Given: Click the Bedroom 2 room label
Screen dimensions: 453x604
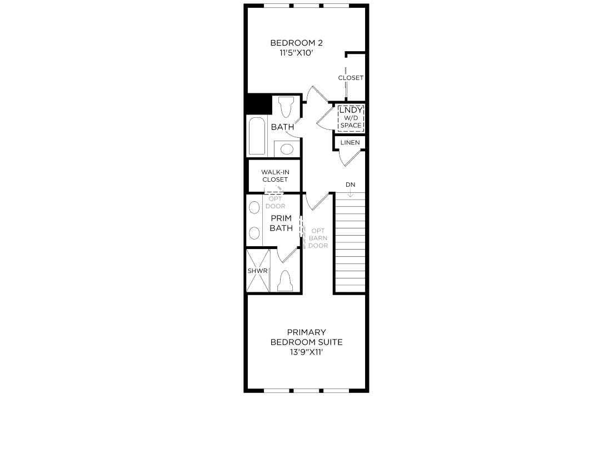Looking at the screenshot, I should click(x=296, y=43).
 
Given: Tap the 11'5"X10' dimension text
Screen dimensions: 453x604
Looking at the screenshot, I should click(x=296, y=53).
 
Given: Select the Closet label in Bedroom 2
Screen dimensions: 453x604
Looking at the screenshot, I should click(x=351, y=78).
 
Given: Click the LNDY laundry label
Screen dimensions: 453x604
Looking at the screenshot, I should click(x=351, y=110).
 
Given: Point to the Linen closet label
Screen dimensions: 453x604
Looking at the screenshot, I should click(x=350, y=143).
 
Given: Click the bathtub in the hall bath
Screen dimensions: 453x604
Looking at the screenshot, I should click(x=257, y=136).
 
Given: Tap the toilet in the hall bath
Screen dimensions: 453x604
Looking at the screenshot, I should click(x=286, y=107).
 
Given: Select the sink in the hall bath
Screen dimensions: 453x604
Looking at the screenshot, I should click(x=287, y=148).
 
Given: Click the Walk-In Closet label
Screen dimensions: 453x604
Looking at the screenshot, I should click(x=275, y=176).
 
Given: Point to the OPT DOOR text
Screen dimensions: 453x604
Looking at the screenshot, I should click(x=275, y=202).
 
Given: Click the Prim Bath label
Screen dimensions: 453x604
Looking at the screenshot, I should click(x=281, y=223).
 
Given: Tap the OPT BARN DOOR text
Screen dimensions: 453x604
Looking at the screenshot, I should click(x=318, y=238).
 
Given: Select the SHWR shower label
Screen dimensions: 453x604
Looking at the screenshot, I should click(x=258, y=271).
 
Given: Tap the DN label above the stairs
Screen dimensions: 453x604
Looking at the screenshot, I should click(x=350, y=185).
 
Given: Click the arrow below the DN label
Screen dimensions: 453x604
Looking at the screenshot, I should click(x=350, y=193).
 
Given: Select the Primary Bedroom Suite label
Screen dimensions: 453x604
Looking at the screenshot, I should click(x=306, y=337).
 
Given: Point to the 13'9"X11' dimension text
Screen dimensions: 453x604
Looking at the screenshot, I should click(x=306, y=352).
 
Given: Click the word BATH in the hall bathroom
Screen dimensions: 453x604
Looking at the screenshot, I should click(x=282, y=127).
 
